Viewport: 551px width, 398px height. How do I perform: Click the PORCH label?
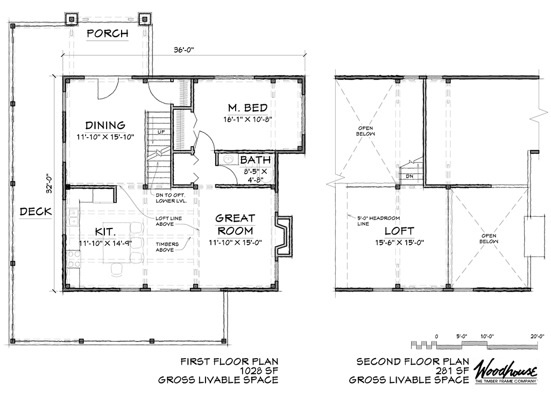(108, 34)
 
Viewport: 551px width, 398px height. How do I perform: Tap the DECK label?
(36, 211)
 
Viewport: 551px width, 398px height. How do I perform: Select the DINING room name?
(105, 125)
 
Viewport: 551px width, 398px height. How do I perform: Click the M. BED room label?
(247, 107)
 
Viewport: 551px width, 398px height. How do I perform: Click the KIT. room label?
(105, 231)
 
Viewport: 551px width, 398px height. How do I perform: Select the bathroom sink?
(229, 160)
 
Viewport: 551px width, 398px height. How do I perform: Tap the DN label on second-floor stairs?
(409, 175)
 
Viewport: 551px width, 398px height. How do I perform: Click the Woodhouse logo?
(506, 371)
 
